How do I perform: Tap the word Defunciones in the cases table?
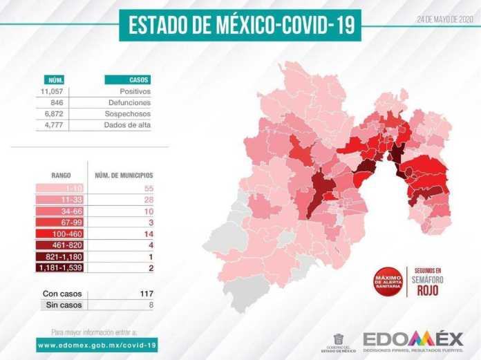130,102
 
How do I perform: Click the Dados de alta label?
128,124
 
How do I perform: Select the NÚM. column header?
55,79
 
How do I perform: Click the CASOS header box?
128,79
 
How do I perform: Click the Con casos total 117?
146,293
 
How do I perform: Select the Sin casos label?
62,304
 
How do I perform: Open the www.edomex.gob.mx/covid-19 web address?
97,343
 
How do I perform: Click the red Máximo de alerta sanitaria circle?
388,281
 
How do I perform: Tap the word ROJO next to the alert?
428,291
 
